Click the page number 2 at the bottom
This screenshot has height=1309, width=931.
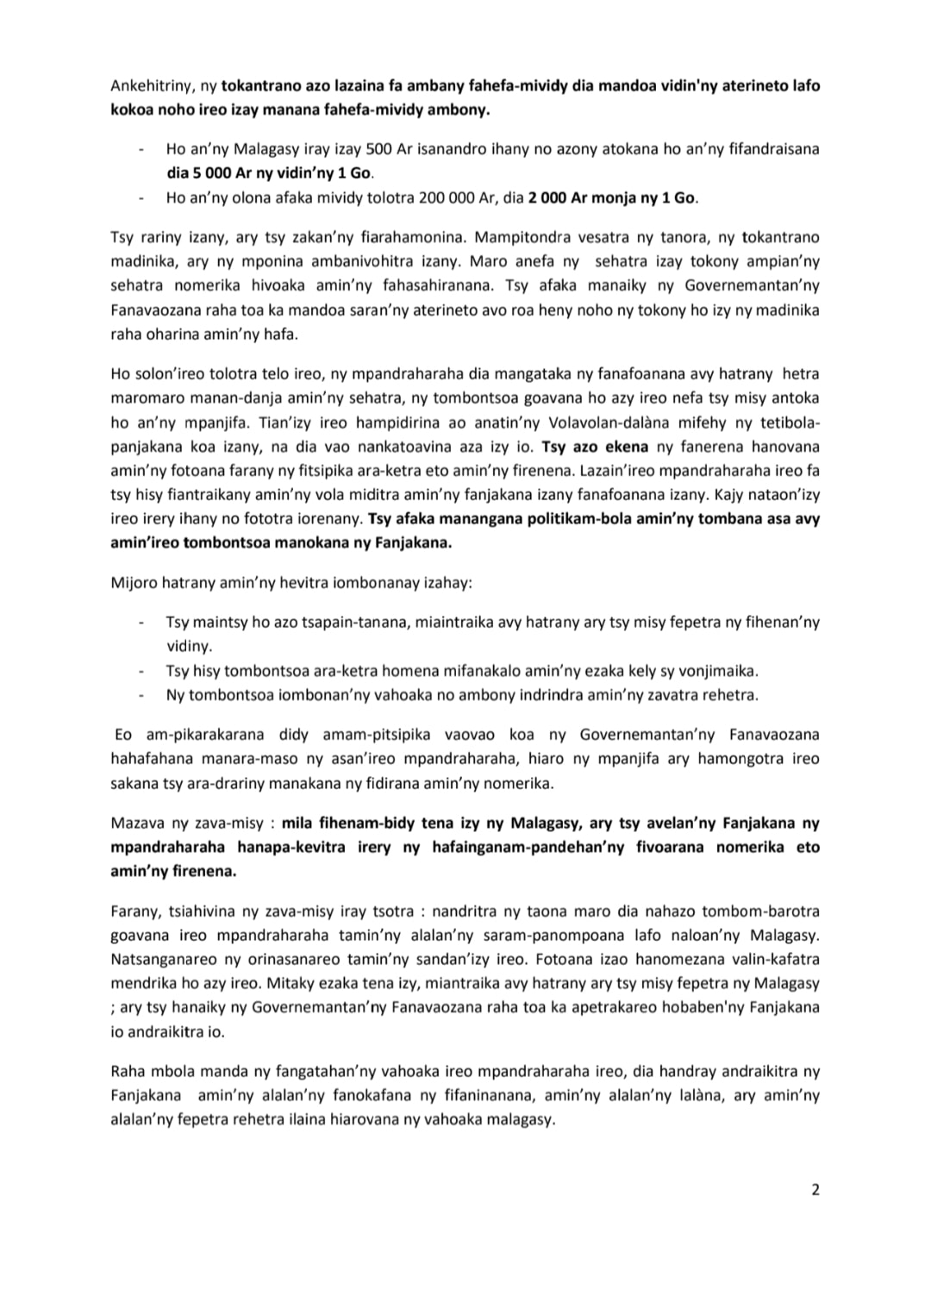[815, 1190]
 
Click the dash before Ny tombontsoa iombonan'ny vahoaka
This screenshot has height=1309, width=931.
[140, 694]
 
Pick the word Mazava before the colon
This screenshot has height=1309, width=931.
[136, 823]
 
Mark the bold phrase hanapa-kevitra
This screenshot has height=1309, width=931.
[300, 847]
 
